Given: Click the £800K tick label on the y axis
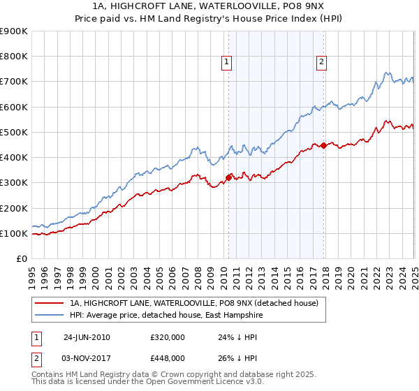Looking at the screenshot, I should (14, 57).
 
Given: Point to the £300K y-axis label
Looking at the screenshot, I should (14, 183).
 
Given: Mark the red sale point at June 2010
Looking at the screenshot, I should (228, 177).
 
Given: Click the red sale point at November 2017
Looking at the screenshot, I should (323, 145).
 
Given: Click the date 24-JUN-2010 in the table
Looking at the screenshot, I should (87, 337).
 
